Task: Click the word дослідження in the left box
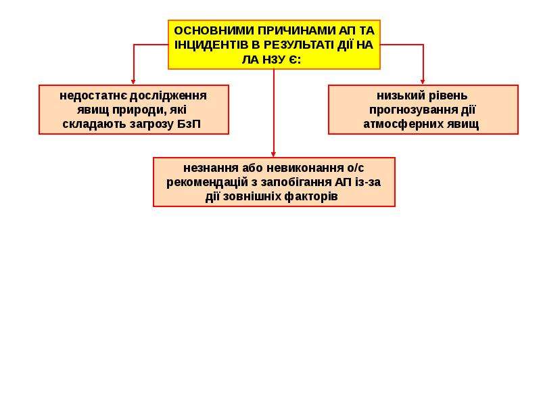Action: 168,96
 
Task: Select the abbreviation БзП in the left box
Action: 189,125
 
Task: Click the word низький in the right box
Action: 397,95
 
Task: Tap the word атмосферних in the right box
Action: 403,125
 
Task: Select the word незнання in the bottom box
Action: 211,168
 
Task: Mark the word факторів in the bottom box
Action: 311,197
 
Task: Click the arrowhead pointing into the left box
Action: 133,82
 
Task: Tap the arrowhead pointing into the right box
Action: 423,82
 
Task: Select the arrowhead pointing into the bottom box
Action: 274,154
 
